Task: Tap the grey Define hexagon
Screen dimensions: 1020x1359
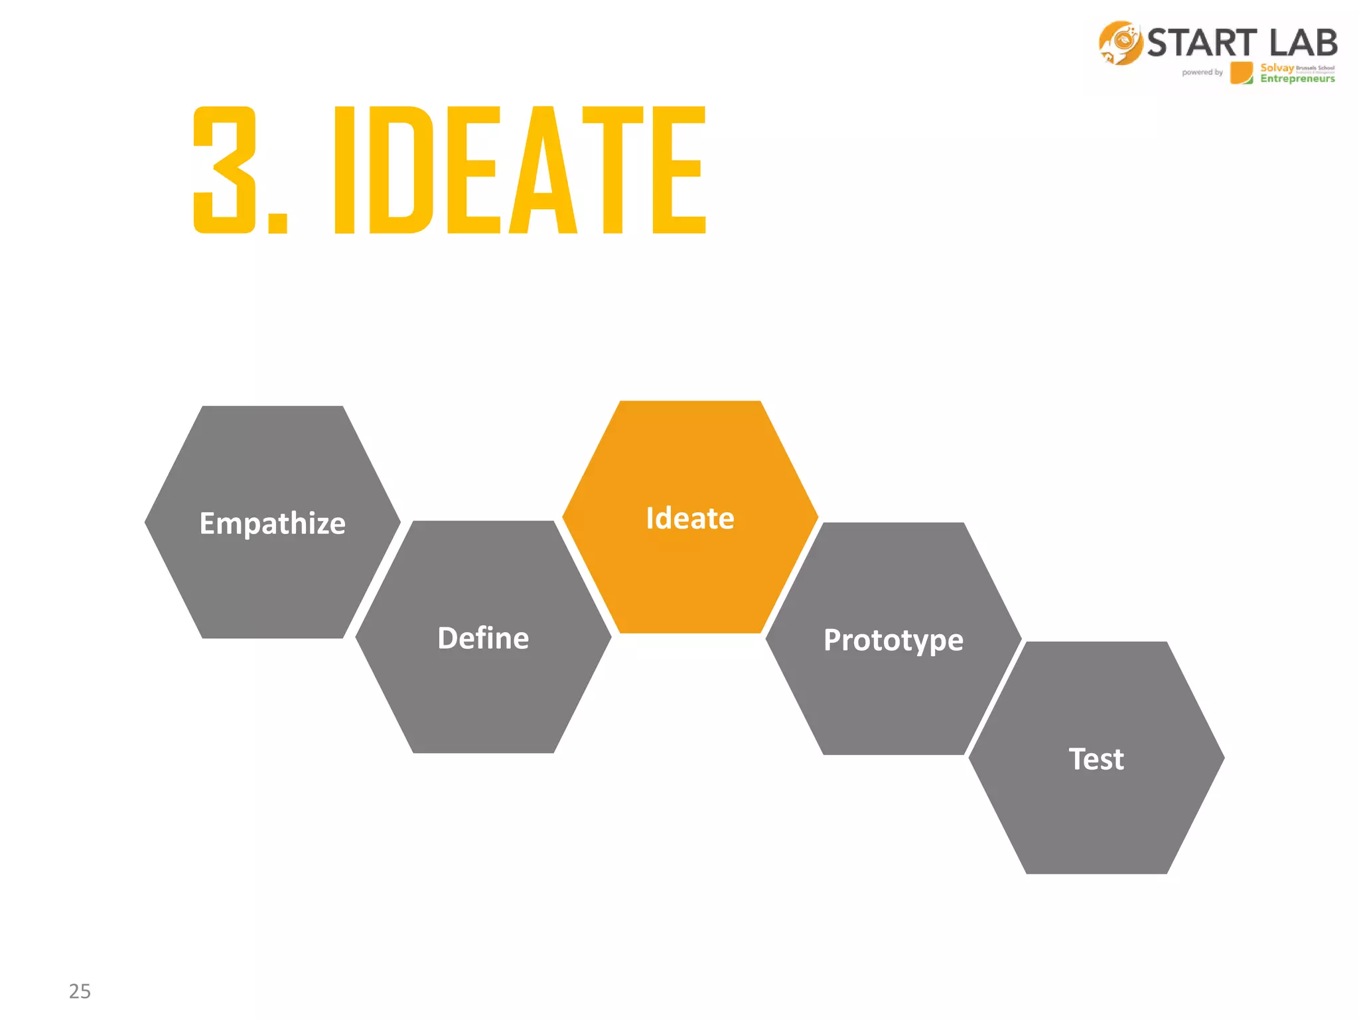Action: point(483,691)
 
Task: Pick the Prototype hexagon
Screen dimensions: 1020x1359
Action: point(893,697)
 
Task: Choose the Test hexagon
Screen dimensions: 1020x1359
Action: point(1096,810)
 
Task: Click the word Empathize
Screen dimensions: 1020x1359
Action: point(272,523)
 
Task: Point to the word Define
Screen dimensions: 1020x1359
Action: point(483,638)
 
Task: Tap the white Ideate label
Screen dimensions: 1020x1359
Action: point(690,518)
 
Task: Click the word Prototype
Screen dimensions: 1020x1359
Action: point(893,640)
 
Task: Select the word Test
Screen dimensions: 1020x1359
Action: point(1096,759)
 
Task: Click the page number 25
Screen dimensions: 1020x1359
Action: point(80,991)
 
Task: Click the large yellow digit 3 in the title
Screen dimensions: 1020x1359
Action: point(224,170)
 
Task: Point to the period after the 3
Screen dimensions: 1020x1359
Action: point(277,223)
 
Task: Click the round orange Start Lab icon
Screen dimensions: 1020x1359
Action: point(1120,43)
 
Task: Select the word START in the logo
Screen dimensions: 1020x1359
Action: point(1202,43)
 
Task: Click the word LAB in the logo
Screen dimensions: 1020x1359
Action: point(1303,43)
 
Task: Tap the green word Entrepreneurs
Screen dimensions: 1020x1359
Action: point(1297,79)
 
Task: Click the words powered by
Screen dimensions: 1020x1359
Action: point(1202,72)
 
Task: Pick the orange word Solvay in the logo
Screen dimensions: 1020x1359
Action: point(1277,68)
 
